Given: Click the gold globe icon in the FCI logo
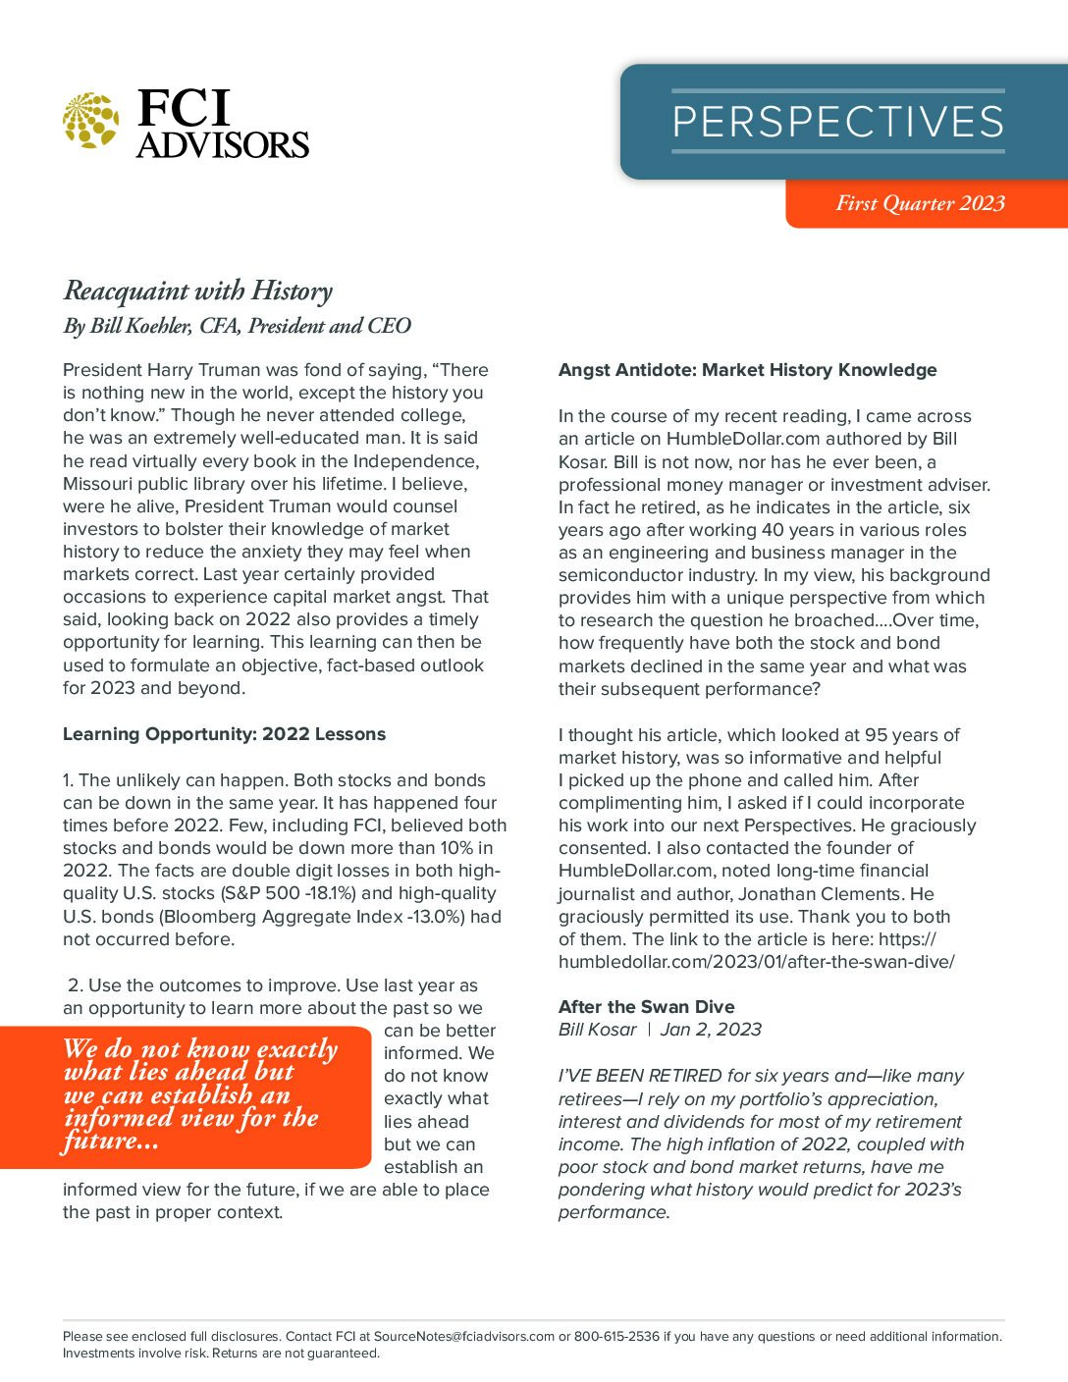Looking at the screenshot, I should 90,121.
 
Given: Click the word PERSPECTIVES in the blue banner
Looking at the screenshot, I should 837,122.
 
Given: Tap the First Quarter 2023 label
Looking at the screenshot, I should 920,203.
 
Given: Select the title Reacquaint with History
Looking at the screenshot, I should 197,291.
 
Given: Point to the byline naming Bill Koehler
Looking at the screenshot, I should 237,326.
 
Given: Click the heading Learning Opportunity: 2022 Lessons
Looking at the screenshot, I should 224,734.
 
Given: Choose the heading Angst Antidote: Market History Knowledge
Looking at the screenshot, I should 747,370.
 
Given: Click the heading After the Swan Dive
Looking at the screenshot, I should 646,1006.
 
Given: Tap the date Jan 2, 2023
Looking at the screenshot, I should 711,1029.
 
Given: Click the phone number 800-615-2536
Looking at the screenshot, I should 616,1336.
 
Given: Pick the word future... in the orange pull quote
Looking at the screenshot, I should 110,1141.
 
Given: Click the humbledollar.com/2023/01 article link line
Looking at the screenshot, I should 756,962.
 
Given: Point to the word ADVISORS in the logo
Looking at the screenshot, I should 223,145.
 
